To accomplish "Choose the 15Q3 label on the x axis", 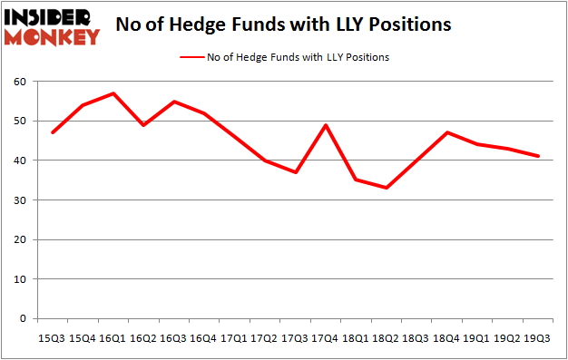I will [x=52, y=338].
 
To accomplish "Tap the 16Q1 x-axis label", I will [x=113, y=338].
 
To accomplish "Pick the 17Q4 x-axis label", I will [x=325, y=338].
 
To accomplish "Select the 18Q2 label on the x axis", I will [x=386, y=338].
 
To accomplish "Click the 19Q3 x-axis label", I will [x=537, y=338].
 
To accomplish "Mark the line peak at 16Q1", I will [x=113, y=93].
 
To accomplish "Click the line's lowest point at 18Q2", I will [x=386, y=188].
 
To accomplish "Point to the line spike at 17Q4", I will [x=325, y=125].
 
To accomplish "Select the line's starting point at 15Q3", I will [x=52, y=132].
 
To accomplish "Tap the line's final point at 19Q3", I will [x=537, y=156].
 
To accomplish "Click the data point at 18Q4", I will [x=446, y=132].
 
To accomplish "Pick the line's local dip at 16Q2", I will [x=142, y=125].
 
